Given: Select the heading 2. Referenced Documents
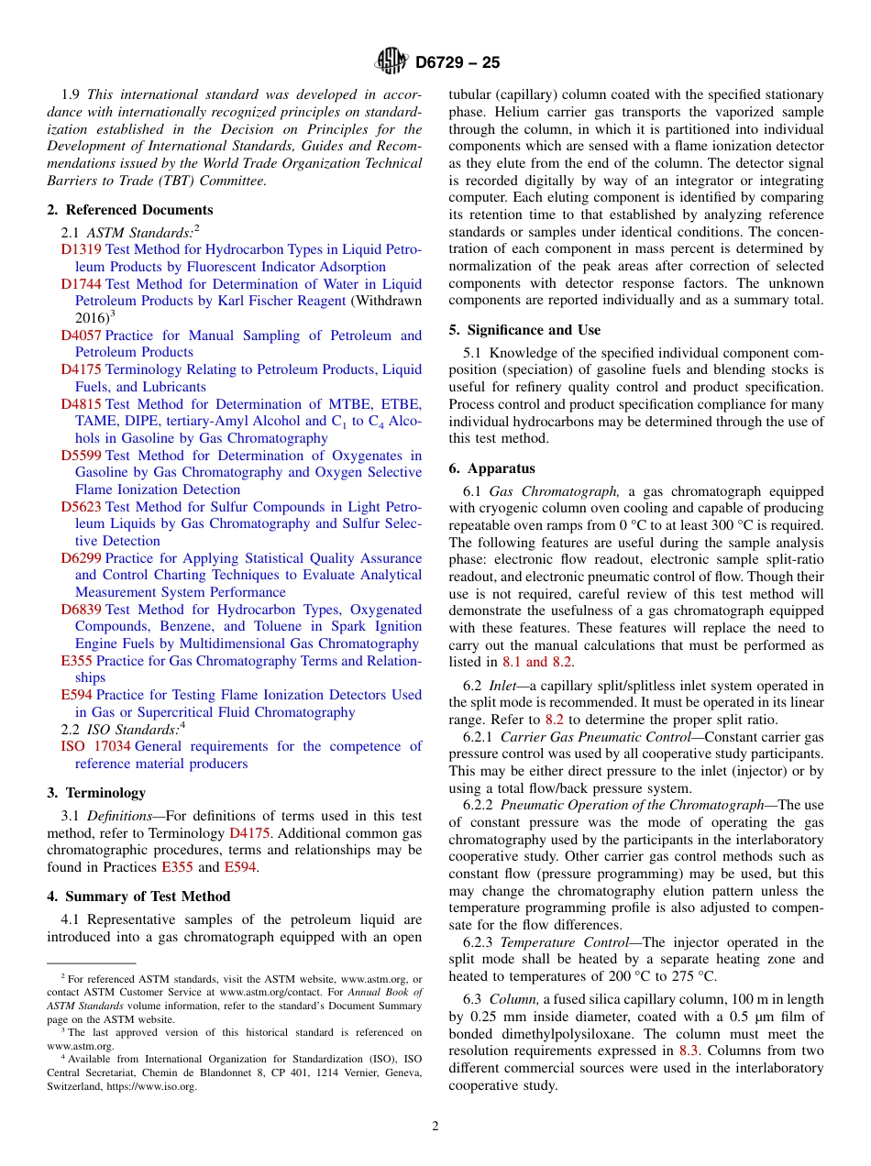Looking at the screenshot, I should [130, 210].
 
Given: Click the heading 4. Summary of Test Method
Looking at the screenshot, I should [138, 896].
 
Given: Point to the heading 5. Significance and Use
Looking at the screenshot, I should [524, 330].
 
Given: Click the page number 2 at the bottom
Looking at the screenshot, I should [435, 1127].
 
